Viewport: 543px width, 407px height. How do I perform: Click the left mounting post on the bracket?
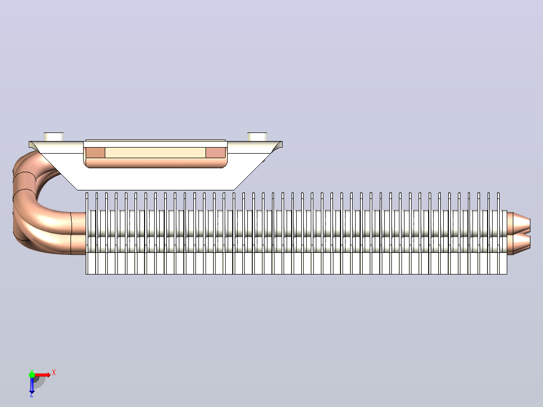coord(54,137)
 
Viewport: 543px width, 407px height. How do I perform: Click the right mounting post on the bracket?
coord(257,137)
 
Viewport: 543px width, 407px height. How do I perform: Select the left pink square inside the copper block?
coord(96,153)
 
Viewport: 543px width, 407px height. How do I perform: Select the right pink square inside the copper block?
coord(216,153)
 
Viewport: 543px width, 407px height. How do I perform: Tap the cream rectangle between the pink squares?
coord(156,153)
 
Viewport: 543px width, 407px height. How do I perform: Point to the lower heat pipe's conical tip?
coord(519,244)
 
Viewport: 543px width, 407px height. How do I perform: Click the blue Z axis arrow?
coord(32,384)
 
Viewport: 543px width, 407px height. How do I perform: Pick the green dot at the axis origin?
coord(32,375)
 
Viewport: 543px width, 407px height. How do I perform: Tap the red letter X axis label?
coord(54,373)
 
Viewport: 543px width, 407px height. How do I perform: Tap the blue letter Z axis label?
coord(32,394)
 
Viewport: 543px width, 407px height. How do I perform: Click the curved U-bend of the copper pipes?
coord(24,201)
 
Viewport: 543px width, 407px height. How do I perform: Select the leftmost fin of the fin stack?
coord(87,233)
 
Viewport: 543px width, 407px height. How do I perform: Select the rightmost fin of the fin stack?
coord(505,242)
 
